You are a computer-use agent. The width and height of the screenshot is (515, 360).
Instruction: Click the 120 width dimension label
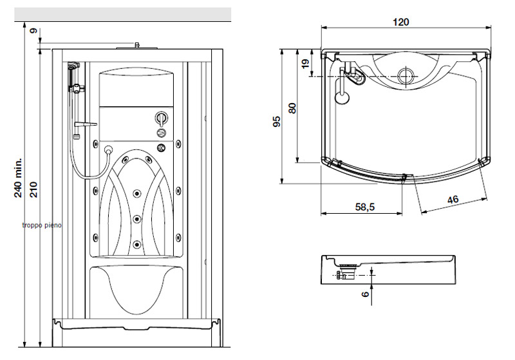pos(401,22)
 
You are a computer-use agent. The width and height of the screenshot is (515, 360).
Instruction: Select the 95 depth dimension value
pos(277,121)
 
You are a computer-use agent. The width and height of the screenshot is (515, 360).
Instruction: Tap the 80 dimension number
pos(292,108)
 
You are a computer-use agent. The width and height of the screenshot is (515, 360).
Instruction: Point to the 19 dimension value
pos(305,64)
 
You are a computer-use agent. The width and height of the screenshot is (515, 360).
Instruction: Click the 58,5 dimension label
pos(365,207)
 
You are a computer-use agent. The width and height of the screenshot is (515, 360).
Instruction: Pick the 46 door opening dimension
pos(453,200)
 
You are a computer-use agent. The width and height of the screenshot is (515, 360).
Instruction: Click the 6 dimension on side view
pos(365,294)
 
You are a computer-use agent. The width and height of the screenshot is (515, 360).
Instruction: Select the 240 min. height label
pos(19,177)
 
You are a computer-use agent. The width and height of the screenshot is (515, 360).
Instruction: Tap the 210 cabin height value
pos(34,189)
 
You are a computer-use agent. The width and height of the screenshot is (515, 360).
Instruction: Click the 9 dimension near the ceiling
pos(33,31)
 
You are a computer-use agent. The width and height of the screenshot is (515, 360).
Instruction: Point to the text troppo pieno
pos(42,225)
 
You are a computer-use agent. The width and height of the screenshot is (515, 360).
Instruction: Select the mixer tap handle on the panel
pos(162,118)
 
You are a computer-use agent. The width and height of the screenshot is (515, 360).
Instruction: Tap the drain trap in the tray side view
pos(346,272)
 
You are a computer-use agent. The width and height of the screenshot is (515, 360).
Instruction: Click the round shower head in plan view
pos(342,97)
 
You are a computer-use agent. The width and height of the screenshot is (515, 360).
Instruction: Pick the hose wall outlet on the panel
pos(108,150)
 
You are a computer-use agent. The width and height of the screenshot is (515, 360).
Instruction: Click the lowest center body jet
pos(137,243)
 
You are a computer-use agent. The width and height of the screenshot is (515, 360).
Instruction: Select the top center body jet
pos(136,193)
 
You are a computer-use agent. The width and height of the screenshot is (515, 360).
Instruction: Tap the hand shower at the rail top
pos(73,66)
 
